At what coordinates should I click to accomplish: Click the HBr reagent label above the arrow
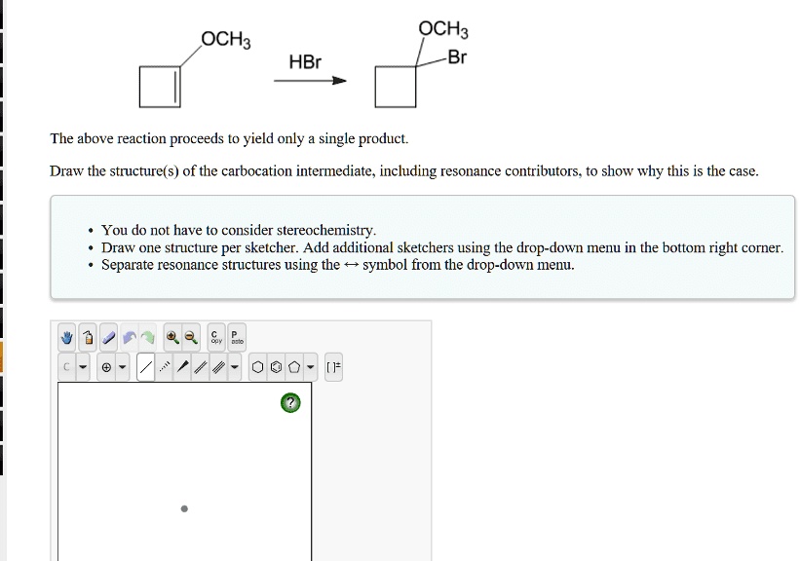pos(304,62)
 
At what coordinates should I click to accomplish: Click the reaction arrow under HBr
pos(310,81)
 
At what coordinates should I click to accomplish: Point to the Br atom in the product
pos(457,57)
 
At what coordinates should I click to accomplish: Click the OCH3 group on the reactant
pos(226,40)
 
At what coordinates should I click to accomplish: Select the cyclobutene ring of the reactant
pos(160,87)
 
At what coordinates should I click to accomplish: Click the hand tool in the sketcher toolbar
pos(67,338)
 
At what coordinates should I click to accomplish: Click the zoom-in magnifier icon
pos(171,338)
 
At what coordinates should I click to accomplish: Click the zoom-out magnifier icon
pos(191,338)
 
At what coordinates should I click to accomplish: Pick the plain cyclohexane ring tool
pos(257,367)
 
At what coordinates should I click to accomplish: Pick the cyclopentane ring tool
pos(293,367)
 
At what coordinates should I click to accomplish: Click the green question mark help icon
pos(289,402)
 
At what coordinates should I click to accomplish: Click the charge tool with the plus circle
pos(106,367)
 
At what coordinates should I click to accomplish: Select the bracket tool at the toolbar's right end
pos(334,367)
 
